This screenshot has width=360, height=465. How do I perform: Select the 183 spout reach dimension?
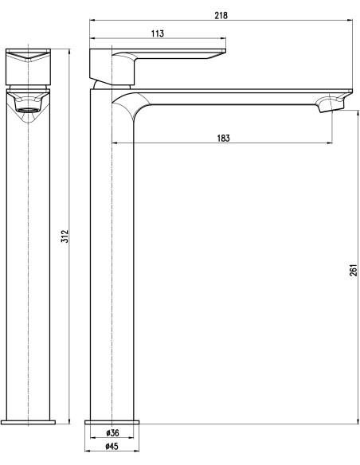(x=223, y=138)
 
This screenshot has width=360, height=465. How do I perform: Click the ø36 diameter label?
(x=112, y=433)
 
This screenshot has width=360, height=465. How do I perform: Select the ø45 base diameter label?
(x=112, y=447)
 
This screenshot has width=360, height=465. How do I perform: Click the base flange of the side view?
(x=112, y=419)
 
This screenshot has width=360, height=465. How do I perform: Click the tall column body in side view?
(x=112, y=263)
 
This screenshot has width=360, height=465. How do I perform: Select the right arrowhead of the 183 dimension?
(x=330, y=143)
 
